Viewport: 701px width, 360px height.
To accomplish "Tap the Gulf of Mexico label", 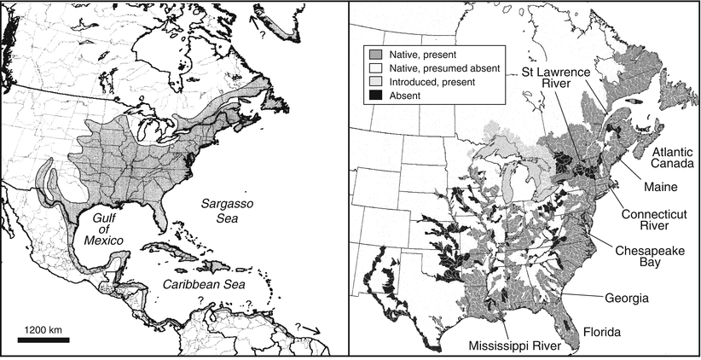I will tap(101, 229).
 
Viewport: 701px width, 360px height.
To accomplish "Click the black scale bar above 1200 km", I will tap(43, 339).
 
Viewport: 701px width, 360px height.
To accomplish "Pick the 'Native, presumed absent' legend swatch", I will tap(374, 67).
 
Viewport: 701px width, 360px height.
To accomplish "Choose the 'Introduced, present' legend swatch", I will tap(374, 81).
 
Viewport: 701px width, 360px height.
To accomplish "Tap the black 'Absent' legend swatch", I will tap(374, 96).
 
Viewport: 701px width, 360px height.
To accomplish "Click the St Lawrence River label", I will tap(555, 79).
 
